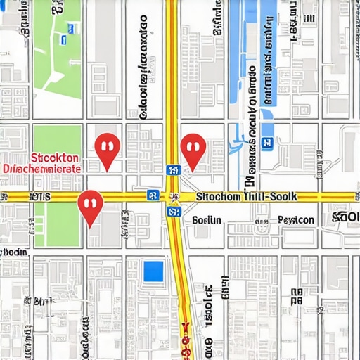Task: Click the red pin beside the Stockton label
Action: click(107, 149)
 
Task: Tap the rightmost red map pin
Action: click(192, 150)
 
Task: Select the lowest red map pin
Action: click(90, 205)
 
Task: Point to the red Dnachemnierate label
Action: click(42, 169)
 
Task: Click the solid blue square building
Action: click(153, 271)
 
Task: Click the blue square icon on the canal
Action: click(266, 143)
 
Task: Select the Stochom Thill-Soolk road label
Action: click(246, 198)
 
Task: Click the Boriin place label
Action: click(207, 220)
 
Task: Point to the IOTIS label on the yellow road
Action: click(39, 197)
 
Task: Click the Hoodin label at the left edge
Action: click(14, 252)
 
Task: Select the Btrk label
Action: click(44, 302)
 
